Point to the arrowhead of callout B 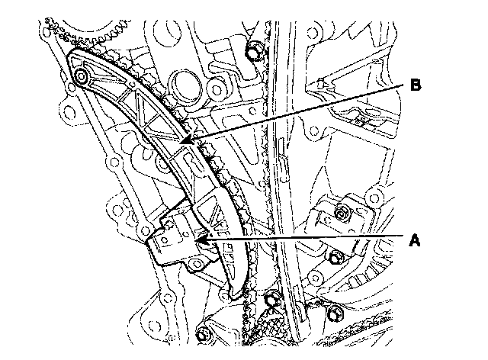pos(192,140)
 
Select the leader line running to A pos(305,239)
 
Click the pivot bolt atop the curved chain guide pos(82,76)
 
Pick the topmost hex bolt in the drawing pos(255,52)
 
